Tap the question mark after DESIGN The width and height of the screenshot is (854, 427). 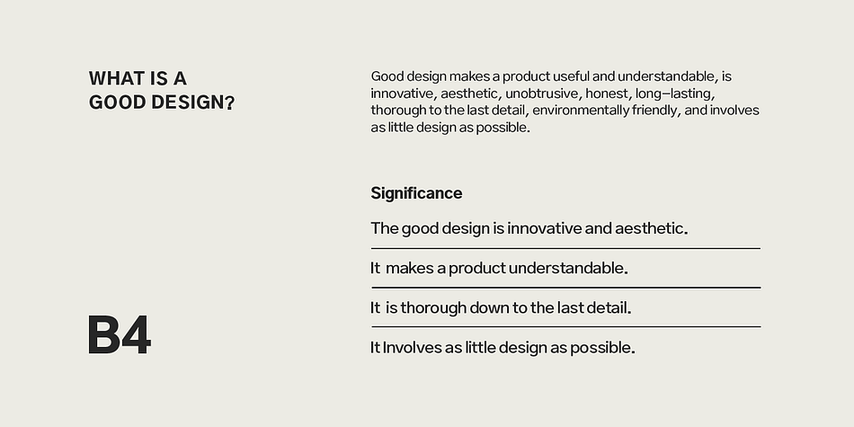coord(230,102)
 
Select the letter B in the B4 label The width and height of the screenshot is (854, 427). coord(103,335)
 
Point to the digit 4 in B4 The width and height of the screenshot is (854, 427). coord(136,335)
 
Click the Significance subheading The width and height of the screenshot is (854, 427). coord(416,193)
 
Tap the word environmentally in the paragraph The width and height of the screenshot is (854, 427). coord(580,111)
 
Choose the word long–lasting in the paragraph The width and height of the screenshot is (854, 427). coord(675,93)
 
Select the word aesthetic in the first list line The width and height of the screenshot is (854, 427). coord(651,228)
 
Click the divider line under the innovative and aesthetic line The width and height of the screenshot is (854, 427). coord(565,248)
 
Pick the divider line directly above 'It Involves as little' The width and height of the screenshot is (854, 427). coord(565,327)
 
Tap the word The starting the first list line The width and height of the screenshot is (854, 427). coord(385,228)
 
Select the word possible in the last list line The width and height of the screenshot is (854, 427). coord(601,348)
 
